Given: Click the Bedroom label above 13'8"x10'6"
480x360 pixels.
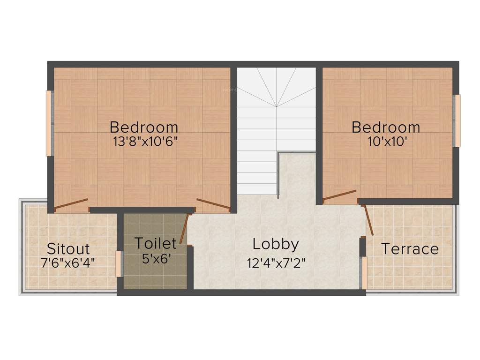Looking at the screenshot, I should [x=144, y=127].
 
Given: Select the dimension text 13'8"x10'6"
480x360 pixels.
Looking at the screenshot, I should [x=145, y=141].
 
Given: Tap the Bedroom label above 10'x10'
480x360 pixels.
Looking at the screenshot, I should [x=386, y=127].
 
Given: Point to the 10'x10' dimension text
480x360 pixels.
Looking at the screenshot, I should [x=387, y=141].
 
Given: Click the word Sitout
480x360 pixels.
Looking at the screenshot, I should [x=68, y=249].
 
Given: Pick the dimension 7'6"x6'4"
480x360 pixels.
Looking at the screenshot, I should [x=68, y=262].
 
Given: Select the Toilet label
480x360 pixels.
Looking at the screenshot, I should [x=156, y=243].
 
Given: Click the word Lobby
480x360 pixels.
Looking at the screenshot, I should [x=276, y=244].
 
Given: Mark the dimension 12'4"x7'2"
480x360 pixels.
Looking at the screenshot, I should [x=277, y=262].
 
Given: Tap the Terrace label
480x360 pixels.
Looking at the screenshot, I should [x=410, y=249].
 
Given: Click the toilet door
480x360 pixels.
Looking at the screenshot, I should [x=184, y=228].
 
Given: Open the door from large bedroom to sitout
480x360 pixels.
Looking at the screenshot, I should [x=71, y=203].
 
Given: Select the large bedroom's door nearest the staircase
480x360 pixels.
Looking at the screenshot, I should [x=213, y=203].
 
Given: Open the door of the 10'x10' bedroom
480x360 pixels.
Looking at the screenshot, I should [x=339, y=195].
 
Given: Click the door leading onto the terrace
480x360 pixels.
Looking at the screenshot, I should [x=369, y=219].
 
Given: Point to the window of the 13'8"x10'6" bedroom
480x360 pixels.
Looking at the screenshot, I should [x=49, y=123].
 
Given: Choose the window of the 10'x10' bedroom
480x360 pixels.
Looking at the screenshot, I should [x=457, y=121].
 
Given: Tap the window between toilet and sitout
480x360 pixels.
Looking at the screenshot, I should [x=119, y=264].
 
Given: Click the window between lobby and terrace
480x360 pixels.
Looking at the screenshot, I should [x=364, y=273].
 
